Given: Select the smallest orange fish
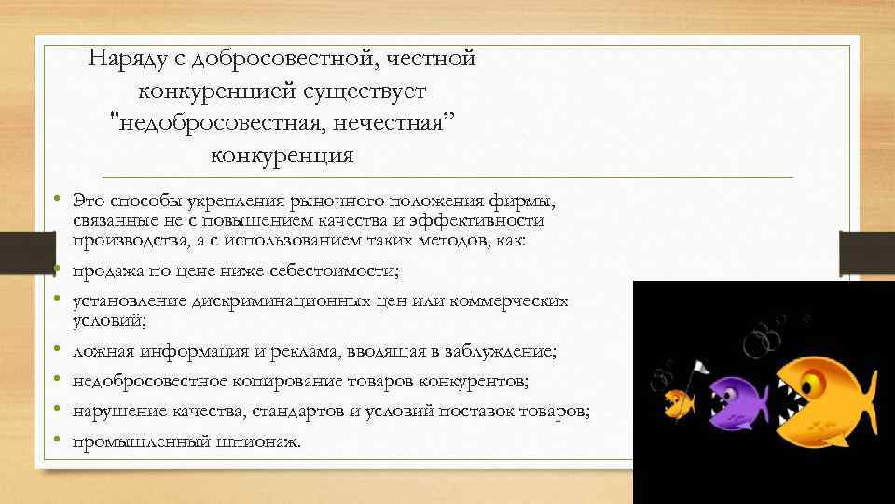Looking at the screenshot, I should (679, 403).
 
